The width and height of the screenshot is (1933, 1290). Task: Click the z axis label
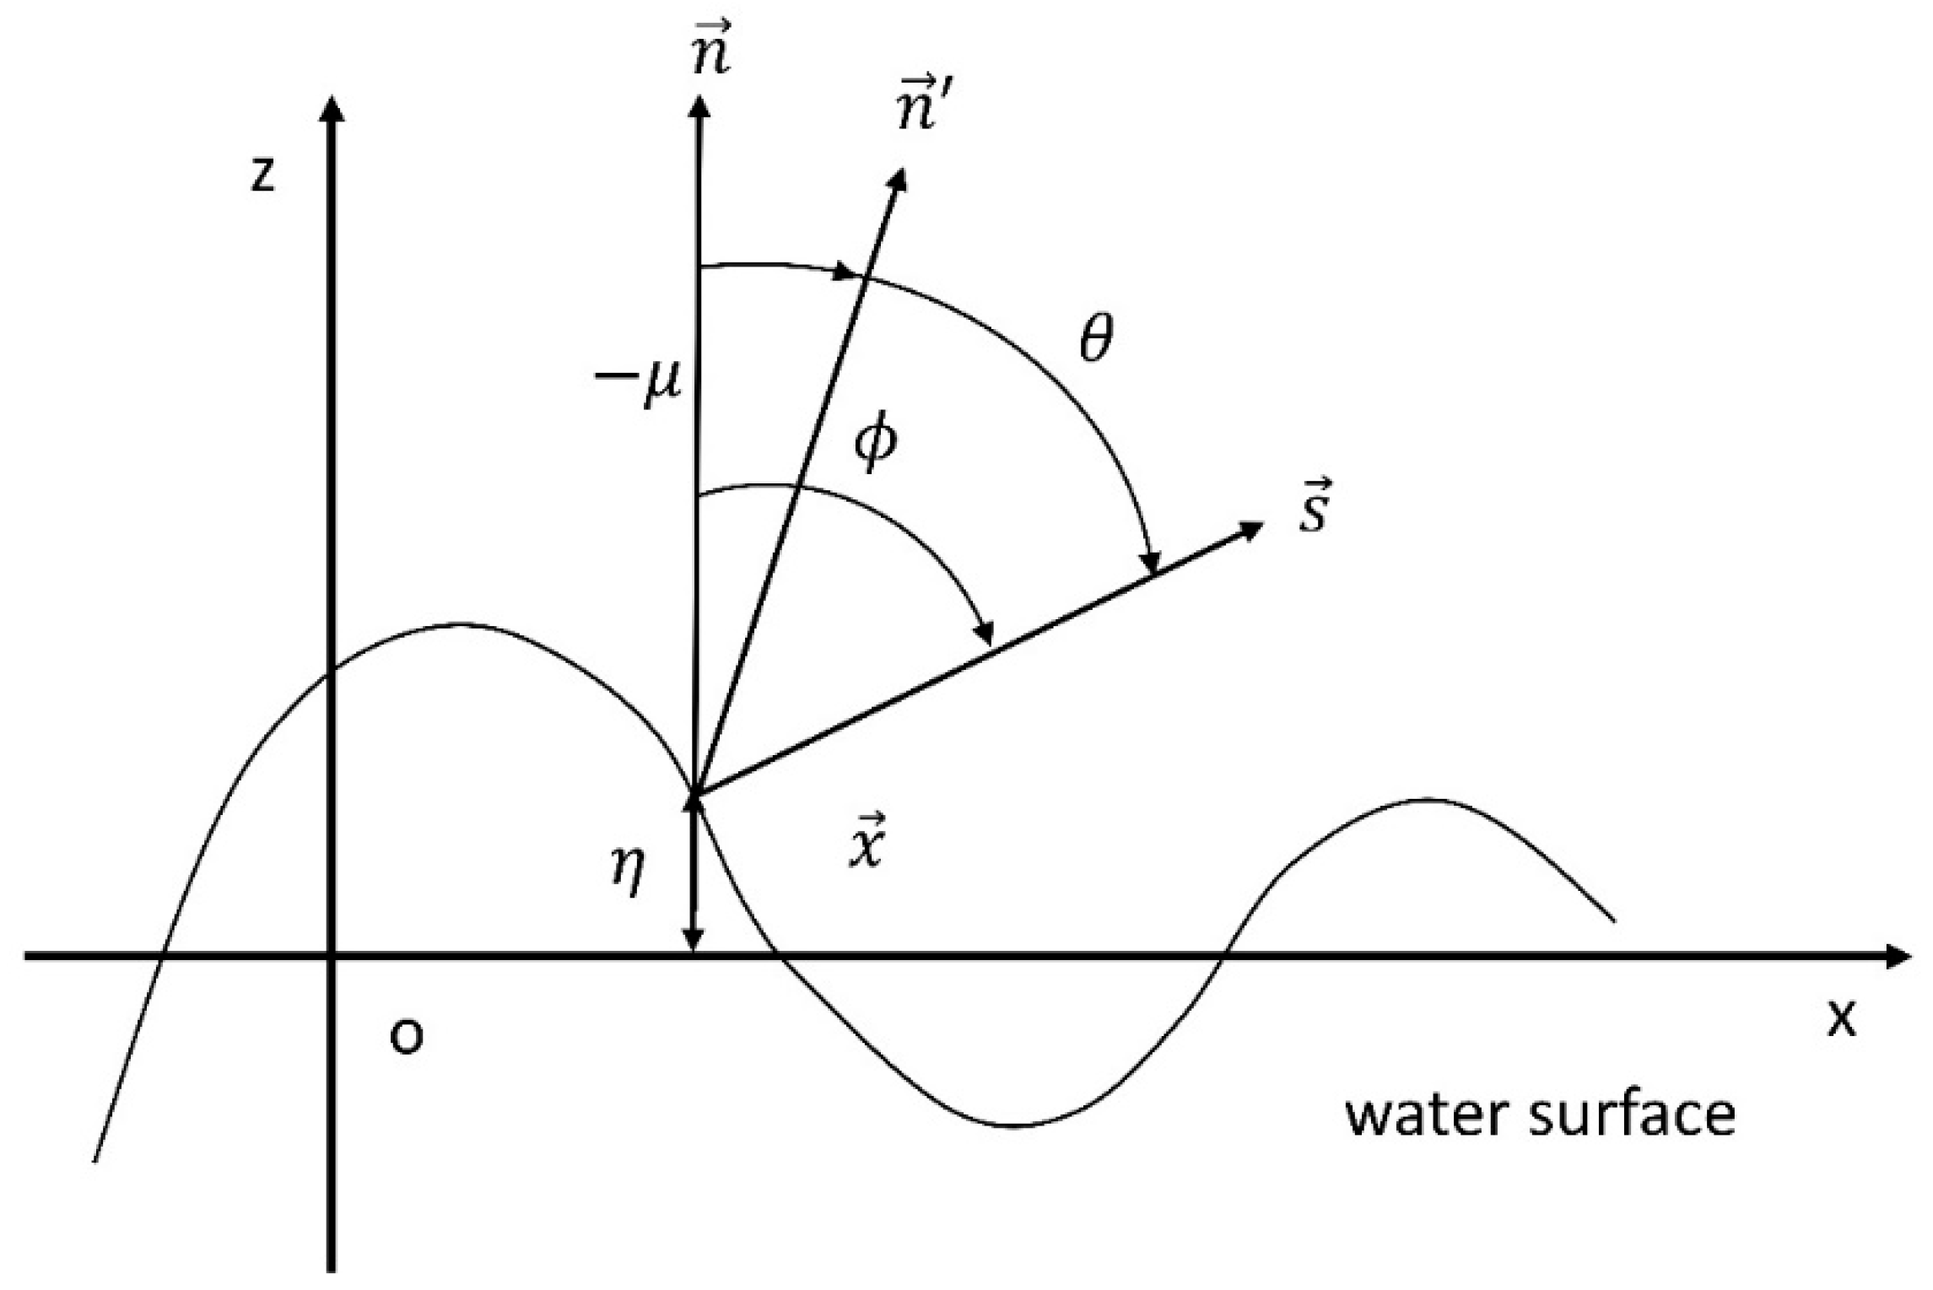coord(263,175)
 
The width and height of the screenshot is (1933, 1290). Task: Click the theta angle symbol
coord(1096,339)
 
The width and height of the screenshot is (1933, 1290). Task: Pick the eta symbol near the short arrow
coord(629,872)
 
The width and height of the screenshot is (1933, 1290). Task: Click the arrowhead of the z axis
coord(334,108)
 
